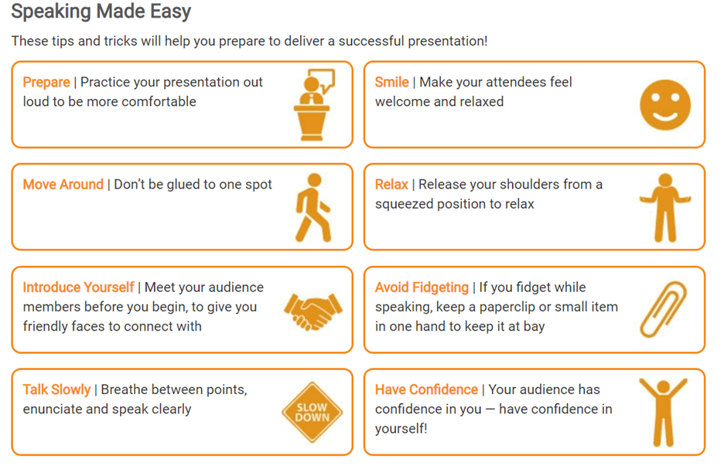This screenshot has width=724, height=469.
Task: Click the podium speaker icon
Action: click(312, 105)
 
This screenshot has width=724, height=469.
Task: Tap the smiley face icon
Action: click(665, 104)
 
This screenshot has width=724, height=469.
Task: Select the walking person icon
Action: click(313, 208)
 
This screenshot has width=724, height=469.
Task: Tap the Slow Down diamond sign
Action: click(312, 413)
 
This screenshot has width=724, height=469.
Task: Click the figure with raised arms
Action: click(663, 412)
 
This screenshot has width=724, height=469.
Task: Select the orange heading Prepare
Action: click(46, 82)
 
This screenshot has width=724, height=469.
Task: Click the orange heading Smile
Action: click(391, 82)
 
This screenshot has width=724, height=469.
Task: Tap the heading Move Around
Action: click(63, 185)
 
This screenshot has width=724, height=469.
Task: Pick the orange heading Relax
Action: click(391, 185)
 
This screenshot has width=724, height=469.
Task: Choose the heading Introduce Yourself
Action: click(78, 287)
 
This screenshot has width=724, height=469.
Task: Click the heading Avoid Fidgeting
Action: click(422, 287)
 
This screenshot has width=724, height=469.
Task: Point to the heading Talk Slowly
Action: click(56, 389)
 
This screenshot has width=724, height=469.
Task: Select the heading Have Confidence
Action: click(426, 389)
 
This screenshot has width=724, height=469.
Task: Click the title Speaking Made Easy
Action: click(101, 12)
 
